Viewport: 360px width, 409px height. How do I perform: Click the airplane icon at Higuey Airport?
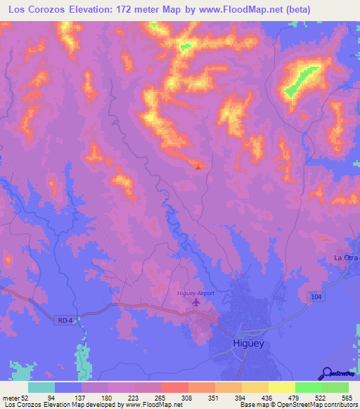195,303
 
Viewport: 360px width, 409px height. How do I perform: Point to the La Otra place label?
345,260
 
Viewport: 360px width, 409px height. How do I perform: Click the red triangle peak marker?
198,167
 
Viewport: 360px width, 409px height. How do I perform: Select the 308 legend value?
188,396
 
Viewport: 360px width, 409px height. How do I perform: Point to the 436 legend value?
268,396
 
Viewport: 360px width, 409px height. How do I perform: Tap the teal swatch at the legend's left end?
41,387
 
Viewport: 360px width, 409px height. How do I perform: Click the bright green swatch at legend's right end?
336,387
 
